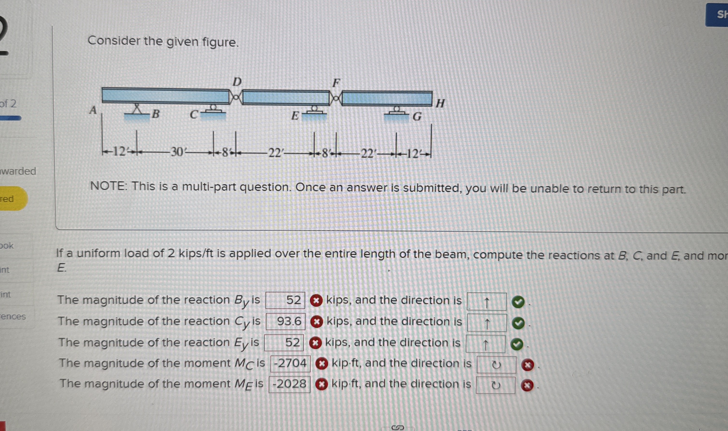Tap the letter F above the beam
point(336,83)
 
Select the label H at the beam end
point(440,103)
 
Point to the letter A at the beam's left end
point(93,110)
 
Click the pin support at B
point(137,110)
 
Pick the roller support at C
point(214,110)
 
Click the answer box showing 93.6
point(285,321)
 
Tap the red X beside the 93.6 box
point(316,322)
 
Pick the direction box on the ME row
point(495,385)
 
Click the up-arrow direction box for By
point(486,301)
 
